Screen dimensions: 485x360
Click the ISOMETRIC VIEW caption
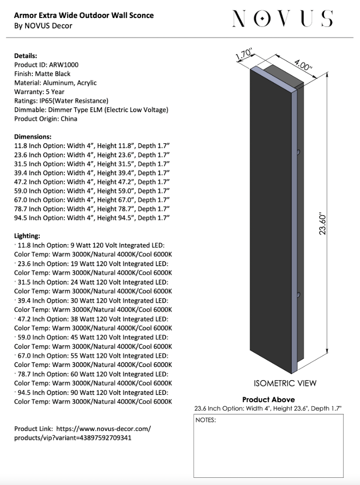[x=285, y=384]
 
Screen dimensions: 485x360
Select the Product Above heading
[x=269, y=399]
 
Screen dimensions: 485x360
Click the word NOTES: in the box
[x=206, y=420]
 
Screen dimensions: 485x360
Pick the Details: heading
[x=26, y=56]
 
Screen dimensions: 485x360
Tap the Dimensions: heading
[x=33, y=136]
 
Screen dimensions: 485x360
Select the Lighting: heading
[x=27, y=236]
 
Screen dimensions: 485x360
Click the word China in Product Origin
[x=68, y=119]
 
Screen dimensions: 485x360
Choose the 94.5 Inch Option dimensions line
[x=92, y=218]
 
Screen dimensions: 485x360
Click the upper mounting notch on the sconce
[x=298, y=153]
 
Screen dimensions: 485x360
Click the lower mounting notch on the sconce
[x=298, y=295]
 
